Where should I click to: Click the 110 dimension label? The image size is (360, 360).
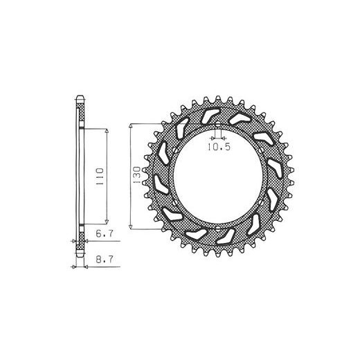pyautogui.click(x=100, y=177)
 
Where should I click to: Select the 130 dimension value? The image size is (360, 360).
pyautogui.click(x=136, y=175)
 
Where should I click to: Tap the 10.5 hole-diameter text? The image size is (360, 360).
pyautogui.click(x=219, y=147)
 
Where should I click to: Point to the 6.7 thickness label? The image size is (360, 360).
pyautogui.click(x=105, y=233)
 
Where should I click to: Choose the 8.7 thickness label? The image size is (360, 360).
pyautogui.click(x=105, y=260)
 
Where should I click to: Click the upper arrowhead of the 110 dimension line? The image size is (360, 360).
pyautogui.click(x=107, y=131)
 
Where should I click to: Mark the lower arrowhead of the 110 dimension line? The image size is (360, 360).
pyautogui.click(x=107, y=222)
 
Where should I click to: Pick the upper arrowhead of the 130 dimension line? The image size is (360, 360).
pyautogui.click(x=130, y=126)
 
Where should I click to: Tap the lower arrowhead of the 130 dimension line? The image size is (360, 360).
pyautogui.click(x=130, y=227)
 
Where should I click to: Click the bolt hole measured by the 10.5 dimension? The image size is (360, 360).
pyautogui.click(x=218, y=125)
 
